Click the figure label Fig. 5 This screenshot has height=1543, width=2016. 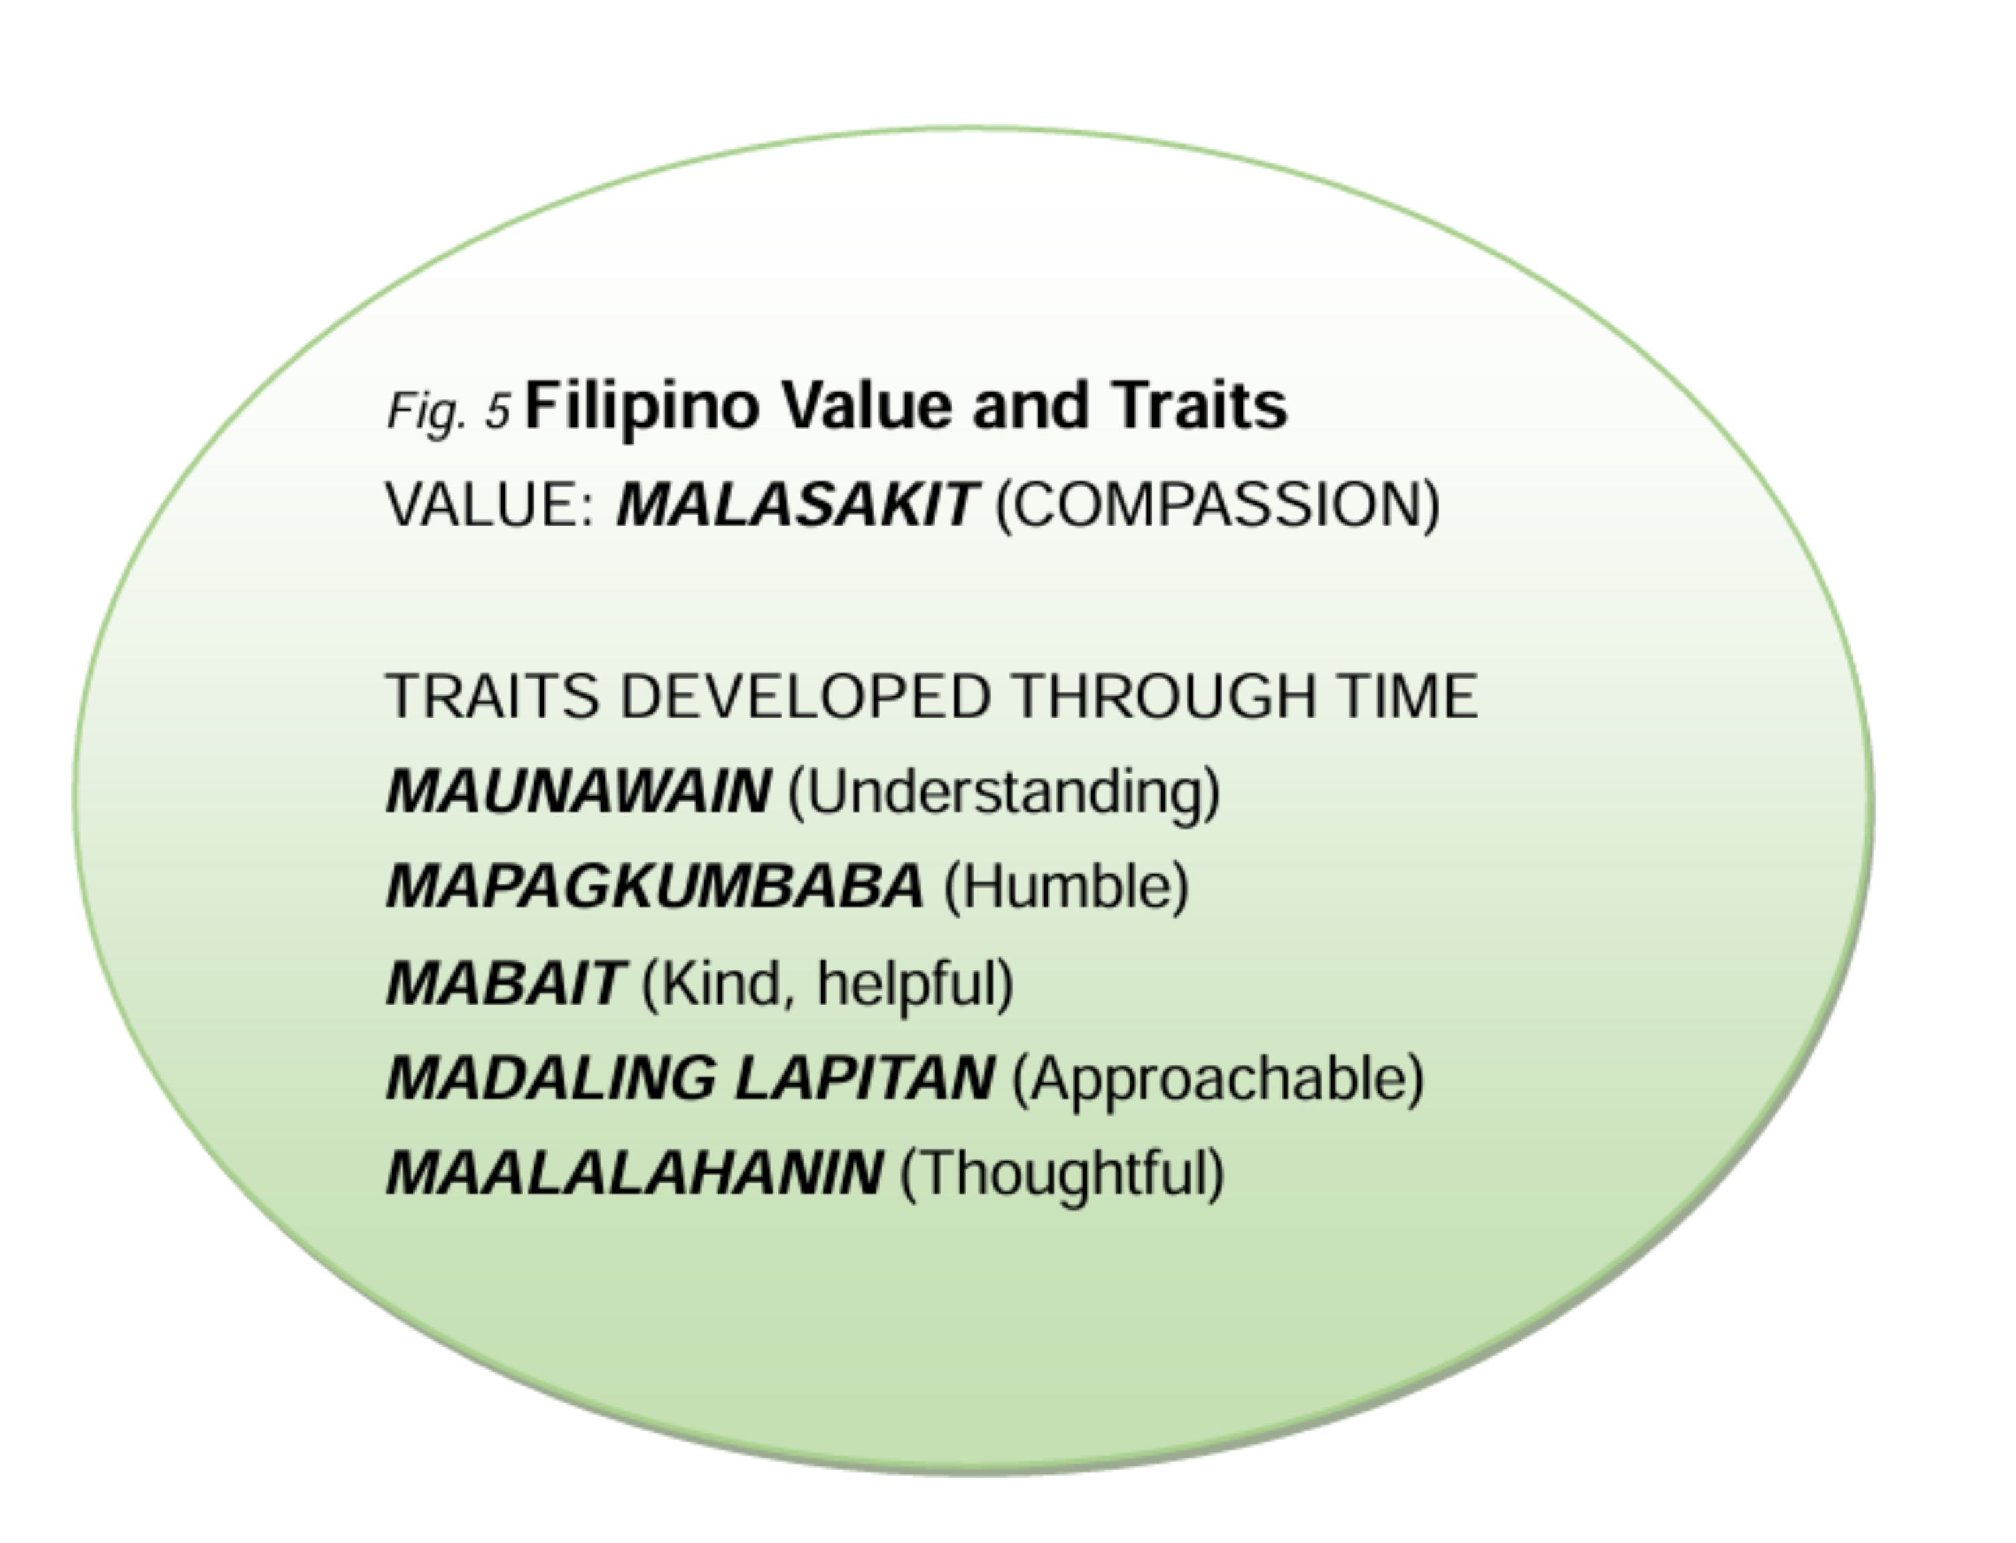448,410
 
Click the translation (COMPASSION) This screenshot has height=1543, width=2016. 1218,505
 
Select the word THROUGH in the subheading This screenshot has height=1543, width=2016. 1164,696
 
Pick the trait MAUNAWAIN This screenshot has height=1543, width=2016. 578,791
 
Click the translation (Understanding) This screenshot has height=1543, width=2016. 1005,794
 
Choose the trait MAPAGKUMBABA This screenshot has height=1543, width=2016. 655,886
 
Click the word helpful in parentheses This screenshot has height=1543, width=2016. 915,985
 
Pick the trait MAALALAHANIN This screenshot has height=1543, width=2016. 634,1174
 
